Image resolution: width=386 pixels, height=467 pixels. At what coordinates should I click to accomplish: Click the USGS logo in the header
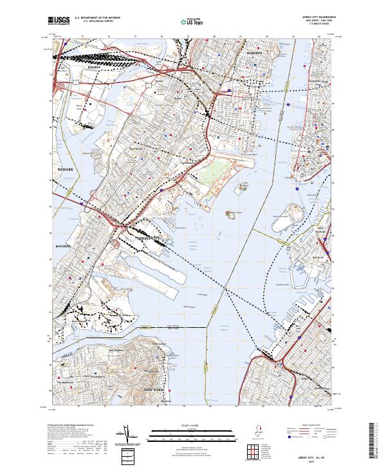click(x=59, y=21)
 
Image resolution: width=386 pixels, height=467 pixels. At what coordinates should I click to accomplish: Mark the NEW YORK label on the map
click(x=154, y=390)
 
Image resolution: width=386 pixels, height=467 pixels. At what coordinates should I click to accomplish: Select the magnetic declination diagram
click(x=126, y=438)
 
